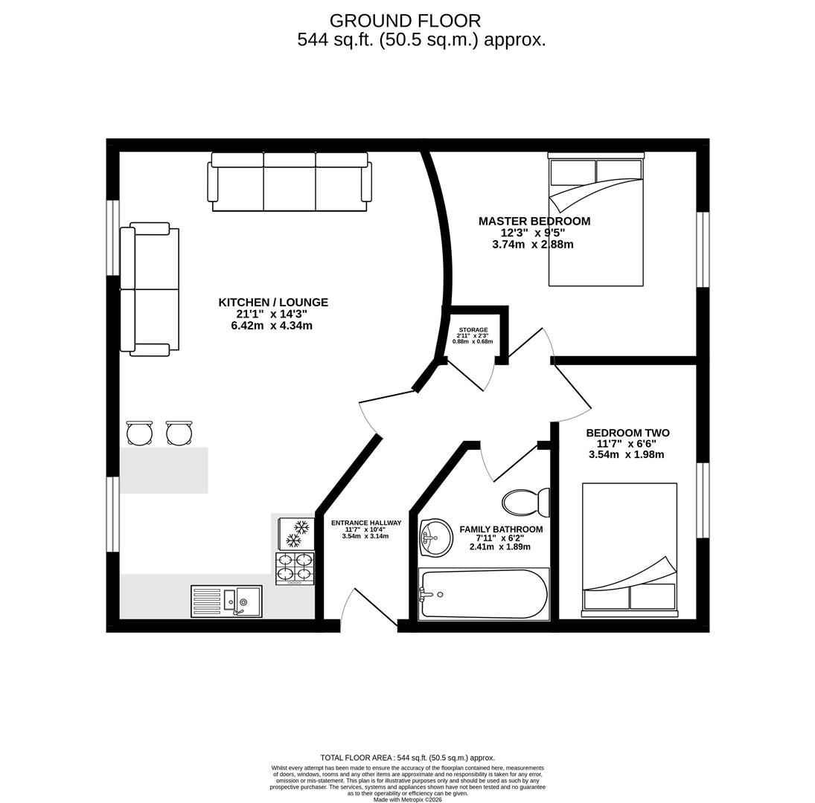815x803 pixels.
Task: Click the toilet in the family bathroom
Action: pyautogui.click(x=525, y=503)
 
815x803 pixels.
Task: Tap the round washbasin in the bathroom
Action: pyautogui.click(x=437, y=537)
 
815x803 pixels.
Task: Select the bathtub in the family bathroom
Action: pyautogui.click(x=484, y=594)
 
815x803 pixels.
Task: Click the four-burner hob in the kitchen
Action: pyautogui.click(x=295, y=568)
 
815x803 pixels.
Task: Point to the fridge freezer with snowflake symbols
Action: pyautogui.click(x=296, y=534)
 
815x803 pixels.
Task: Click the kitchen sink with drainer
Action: pyautogui.click(x=226, y=602)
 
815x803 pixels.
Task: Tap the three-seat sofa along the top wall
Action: pyautogui.click(x=290, y=181)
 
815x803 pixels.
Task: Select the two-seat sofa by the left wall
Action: pyautogui.click(x=150, y=289)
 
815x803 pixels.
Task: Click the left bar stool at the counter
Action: pyautogui.click(x=139, y=433)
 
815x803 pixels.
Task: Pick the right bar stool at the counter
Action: pyautogui.click(x=179, y=433)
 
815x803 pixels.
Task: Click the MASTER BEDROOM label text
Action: pyautogui.click(x=534, y=221)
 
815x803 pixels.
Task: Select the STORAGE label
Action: pyautogui.click(x=473, y=329)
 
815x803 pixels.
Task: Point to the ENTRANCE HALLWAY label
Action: pyautogui.click(x=365, y=523)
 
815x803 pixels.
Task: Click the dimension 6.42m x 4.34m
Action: pyautogui.click(x=272, y=326)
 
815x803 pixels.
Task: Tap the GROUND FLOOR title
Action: pyautogui.click(x=405, y=21)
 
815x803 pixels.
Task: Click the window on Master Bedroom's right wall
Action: pyautogui.click(x=703, y=249)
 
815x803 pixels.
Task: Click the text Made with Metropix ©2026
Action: pyautogui.click(x=407, y=799)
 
